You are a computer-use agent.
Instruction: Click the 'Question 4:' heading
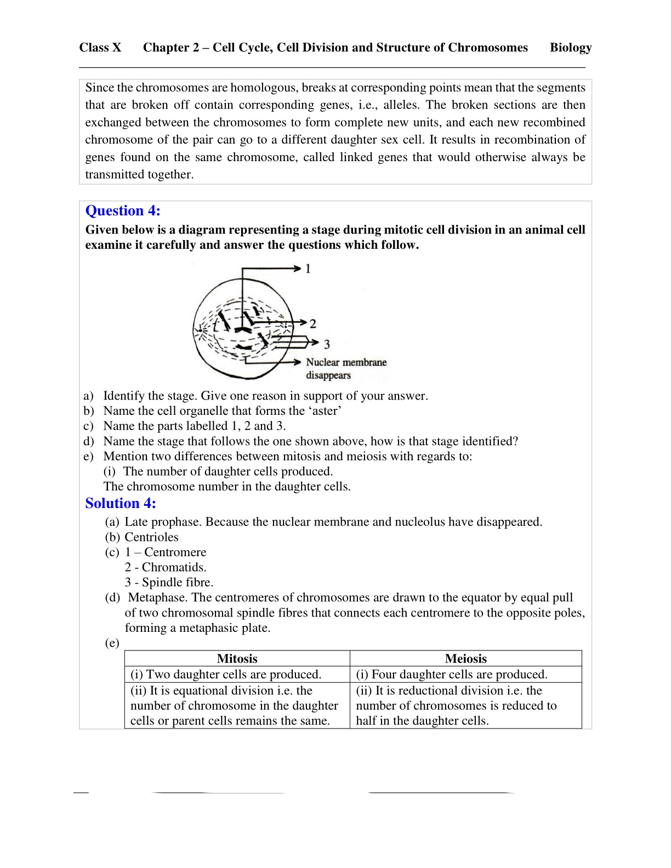pyautogui.click(x=123, y=211)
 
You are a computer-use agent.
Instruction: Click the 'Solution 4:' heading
pyautogui.click(x=121, y=504)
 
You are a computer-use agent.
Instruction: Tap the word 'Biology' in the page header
pyautogui.click(x=571, y=48)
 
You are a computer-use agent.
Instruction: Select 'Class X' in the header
pyautogui.click(x=100, y=48)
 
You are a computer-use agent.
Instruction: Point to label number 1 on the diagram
pyautogui.click(x=308, y=269)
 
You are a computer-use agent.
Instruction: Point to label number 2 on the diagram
pyautogui.click(x=312, y=323)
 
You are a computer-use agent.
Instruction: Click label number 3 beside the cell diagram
pyautogui.click(x=327, y=344)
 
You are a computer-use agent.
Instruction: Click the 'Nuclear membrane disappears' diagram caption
pyautogui.click(x=346, y=369)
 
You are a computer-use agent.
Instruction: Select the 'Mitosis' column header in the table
pyautogui.click(x=237, y=659)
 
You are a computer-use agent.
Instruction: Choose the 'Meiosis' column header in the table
pyautogui.click(x=465, y=659)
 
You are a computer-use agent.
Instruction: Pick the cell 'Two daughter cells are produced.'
pyautogui.click(x=226, y=675)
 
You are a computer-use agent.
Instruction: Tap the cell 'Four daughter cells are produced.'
pyautogui.click(x=452, y=675)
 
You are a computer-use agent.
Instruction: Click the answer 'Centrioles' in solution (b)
pyautogui.click(x=151, y=538)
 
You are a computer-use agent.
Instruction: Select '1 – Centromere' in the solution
pyautogui.click(x=166, y=552)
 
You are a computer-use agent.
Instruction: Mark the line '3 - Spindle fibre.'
pyautogui.click(x=169, y=583)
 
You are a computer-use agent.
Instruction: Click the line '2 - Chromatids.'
pyautogui.click(x=166, y=568)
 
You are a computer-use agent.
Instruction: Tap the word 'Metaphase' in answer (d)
pyautogui.click(x=158, y=598)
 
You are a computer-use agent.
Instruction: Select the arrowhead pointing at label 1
pyautogui.click(x=298, y=269)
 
